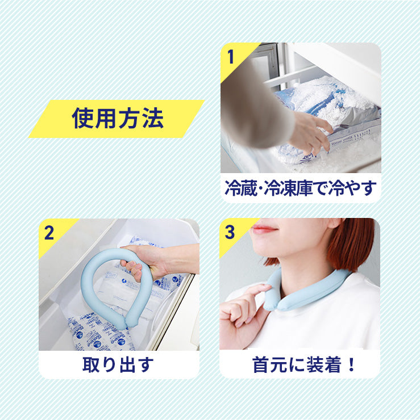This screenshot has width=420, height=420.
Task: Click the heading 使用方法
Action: (118, 119)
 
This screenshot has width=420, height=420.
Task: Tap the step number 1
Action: (230, 57)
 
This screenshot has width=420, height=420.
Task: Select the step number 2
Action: (49, 233)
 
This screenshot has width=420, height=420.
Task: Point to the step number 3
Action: (230, 232)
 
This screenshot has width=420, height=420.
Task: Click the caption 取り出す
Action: (118, 365)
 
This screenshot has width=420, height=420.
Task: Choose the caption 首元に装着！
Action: (303, 365)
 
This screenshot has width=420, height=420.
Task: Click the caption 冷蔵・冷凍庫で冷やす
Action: (301, 188)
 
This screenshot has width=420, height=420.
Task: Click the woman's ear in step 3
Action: (335, 223)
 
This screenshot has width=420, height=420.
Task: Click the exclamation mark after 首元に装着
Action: (351, 365)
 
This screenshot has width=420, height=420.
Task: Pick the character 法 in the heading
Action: (153, 119)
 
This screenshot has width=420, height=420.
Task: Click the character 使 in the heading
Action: (82, 119)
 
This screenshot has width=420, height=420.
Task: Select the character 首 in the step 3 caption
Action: (261, 365)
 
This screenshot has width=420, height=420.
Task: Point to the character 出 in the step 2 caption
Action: (127, 365)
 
